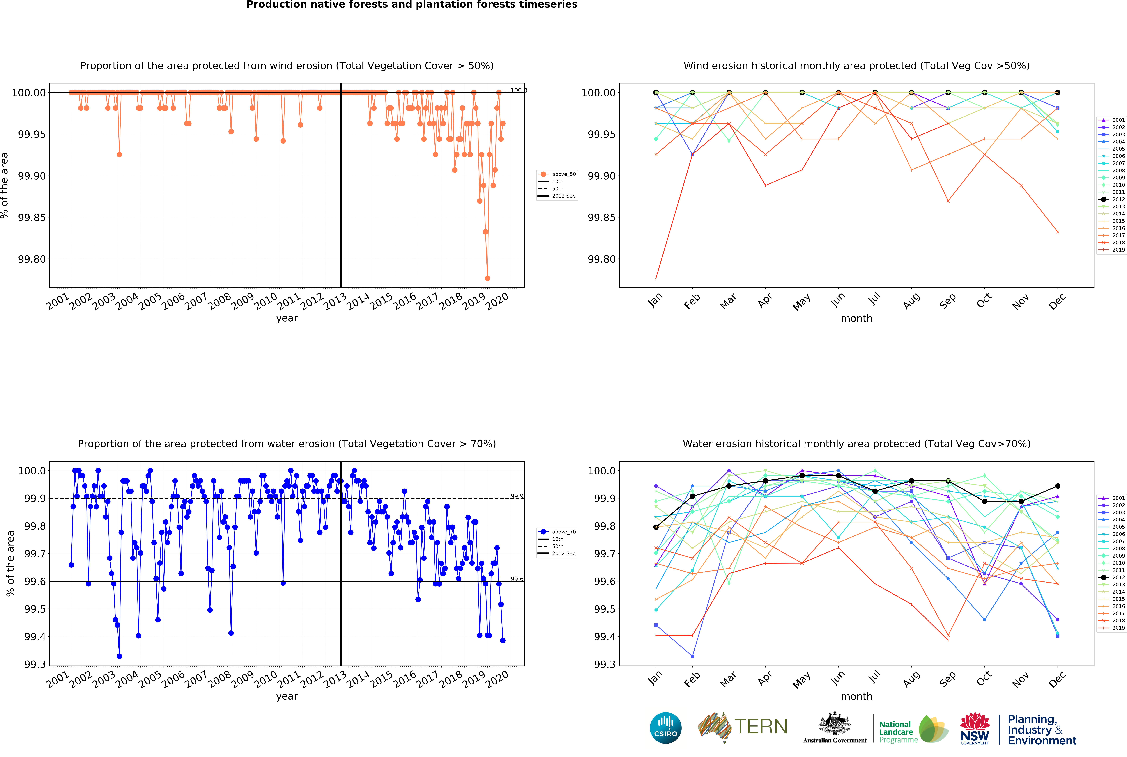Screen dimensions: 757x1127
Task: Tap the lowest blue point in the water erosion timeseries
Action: click(x=119, y=656)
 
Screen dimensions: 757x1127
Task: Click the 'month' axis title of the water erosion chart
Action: click(x=857, y=696)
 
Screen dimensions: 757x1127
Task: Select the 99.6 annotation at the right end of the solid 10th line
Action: click(x=517, y=579)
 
